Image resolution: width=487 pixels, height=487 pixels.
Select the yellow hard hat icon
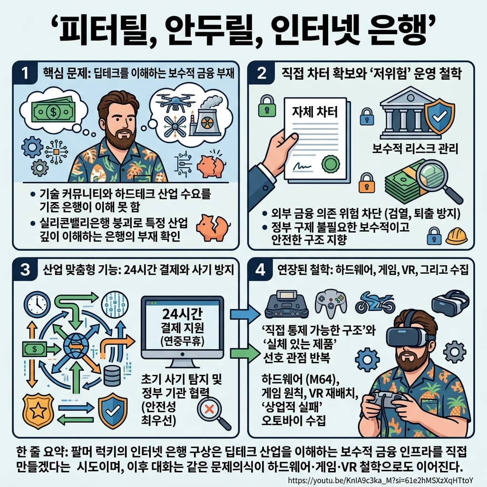coord(457,235)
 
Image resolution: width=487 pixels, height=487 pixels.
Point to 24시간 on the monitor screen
coord(183,315)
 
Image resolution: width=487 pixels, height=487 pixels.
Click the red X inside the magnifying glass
coord(208,408)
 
